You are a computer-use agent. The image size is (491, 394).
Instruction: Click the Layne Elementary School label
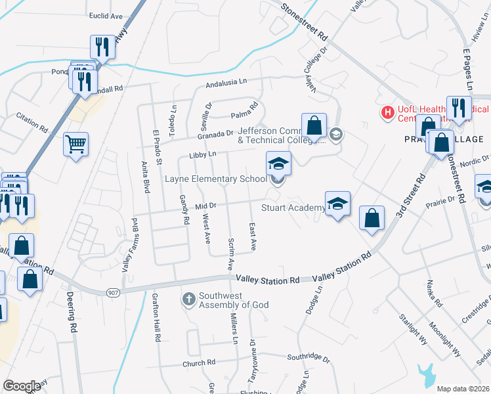(x=215, y=179)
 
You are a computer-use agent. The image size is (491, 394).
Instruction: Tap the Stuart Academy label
(x=292, y=208)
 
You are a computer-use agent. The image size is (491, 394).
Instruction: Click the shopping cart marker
(x=76, y=144)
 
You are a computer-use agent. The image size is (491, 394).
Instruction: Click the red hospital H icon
(x=387, y=113)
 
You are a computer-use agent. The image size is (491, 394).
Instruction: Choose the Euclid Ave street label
(x=108, y=15)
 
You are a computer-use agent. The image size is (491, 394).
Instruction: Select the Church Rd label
(x=199, y=362)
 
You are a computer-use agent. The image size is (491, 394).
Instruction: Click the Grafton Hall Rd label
(x=158, y=319)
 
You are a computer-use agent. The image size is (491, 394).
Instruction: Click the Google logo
(x=22, y=386)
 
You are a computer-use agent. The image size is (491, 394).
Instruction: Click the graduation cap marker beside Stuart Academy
(x=337, y=205)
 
